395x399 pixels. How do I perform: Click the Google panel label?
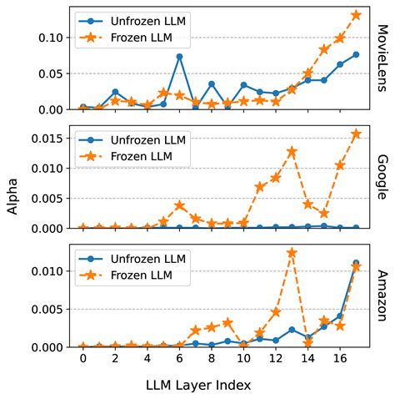(x=382, y=176)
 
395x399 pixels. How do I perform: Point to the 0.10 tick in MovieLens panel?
(x=49, y=38)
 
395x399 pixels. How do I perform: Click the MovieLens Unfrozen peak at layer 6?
(x=179, y=57)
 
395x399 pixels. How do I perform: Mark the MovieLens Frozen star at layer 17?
(x=356, y=15)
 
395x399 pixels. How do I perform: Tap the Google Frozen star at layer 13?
(x=292, y=152)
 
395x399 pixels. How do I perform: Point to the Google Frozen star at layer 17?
(x=356, y=134)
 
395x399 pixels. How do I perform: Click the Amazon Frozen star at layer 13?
(x=292, y=252)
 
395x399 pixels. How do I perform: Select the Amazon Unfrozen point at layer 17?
(x=356, y=263)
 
